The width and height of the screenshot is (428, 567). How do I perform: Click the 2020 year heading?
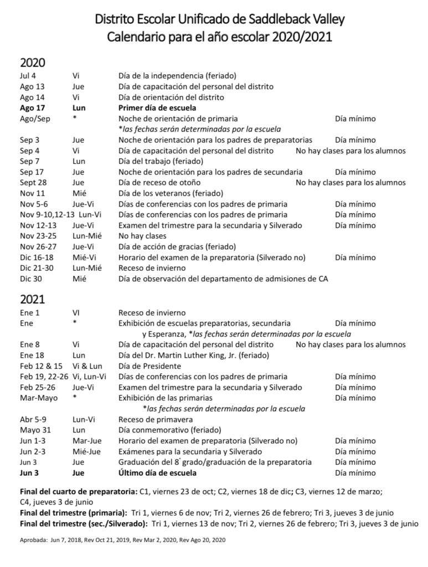(x=33, y=63)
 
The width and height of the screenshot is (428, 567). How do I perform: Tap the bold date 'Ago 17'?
(x=32, y=108)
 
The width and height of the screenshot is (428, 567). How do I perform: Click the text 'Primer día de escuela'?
(x=157, y=108)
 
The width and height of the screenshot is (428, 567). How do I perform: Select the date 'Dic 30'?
(x=30, y=279)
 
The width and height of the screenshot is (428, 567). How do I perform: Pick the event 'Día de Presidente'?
(x=149, y=366)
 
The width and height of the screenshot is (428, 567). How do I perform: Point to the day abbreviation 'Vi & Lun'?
(x=87, y=366)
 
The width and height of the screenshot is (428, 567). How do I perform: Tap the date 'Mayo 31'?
(x=34, y=430)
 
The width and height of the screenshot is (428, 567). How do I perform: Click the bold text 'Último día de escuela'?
(x=158, y=473)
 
